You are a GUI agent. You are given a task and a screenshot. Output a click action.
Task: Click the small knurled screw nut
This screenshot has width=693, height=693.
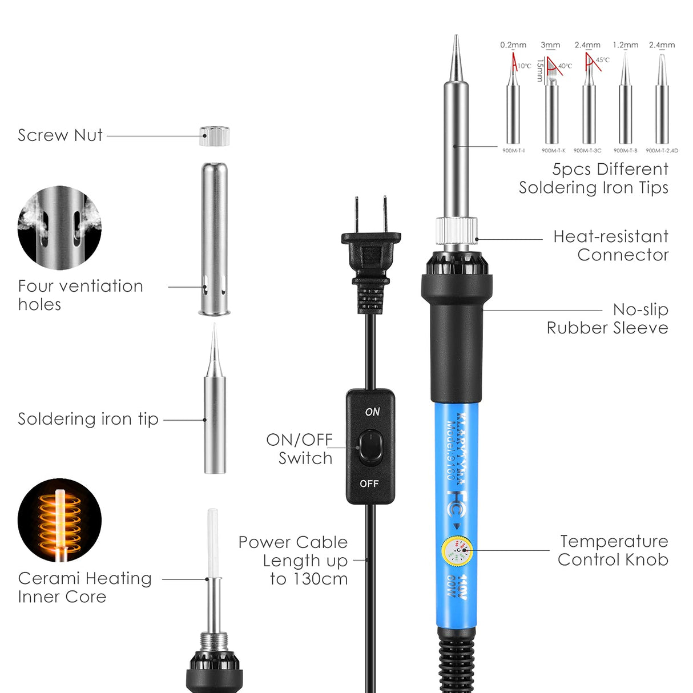click(215, 136)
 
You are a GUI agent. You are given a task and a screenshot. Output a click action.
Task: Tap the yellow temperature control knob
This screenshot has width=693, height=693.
click(457, 551)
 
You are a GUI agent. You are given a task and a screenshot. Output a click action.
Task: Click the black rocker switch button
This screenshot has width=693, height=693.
click(370, 446)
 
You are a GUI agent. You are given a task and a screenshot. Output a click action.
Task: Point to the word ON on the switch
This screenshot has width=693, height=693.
click(372, 412)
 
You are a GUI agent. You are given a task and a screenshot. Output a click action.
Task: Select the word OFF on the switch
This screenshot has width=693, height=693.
click(369, 484)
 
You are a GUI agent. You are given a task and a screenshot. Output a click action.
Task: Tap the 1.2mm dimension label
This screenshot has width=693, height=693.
click(626, 45)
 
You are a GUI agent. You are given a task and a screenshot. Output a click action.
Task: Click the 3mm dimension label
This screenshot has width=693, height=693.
click(550, 45)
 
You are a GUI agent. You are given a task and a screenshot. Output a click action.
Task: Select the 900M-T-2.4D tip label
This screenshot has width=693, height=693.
click(662, 151)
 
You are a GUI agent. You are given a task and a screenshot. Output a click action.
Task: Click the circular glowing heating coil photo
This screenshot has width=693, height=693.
click(59, 520)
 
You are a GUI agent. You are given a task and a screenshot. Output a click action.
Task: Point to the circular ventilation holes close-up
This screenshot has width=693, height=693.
click(59, 227)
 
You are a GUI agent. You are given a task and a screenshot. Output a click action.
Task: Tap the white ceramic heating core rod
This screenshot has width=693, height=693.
click(213, 542)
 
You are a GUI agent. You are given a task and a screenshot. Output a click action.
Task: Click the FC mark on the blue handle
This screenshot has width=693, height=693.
click(457, 495)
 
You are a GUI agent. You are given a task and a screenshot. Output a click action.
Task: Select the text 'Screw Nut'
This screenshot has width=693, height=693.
click(60, 135)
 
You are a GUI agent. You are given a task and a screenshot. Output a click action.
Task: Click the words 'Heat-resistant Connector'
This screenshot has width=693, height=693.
click(611, 245)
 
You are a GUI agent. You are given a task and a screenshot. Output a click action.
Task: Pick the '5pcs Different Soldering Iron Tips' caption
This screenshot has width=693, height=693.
click(594, 178)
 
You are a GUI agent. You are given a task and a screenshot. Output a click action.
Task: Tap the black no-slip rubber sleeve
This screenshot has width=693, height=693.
click(457, 337)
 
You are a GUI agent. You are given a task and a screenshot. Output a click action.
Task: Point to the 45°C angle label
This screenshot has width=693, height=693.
click(603, 60)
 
